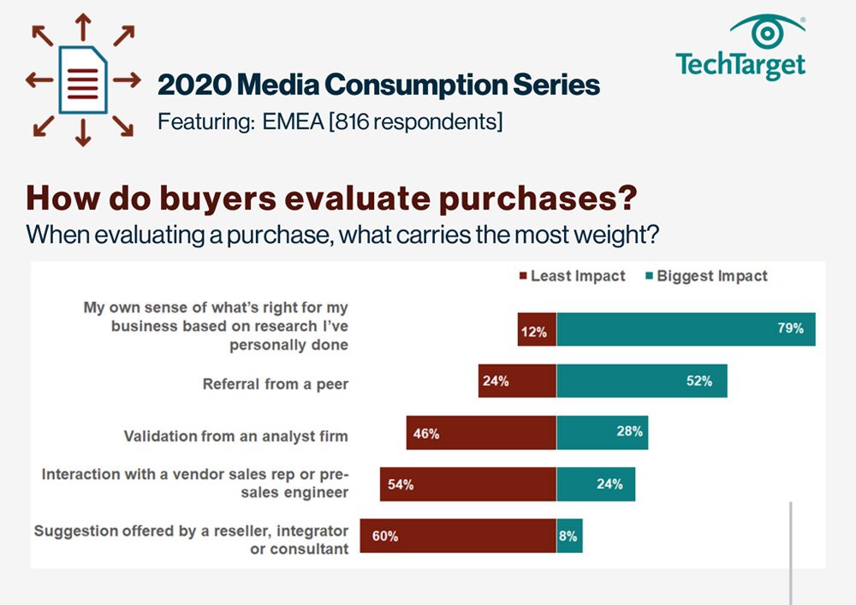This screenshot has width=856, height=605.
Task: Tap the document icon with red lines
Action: click(x=83, y=80)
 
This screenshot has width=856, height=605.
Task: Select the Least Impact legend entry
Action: click(x=571, y=276)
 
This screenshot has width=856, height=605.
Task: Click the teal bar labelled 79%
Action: click(x=686, y=329)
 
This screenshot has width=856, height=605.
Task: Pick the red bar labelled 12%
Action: click(x=537, y=329)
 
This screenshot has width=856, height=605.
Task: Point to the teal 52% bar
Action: click(x=641, y=381)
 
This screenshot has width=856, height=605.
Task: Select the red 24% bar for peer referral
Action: click(x=517, y=381)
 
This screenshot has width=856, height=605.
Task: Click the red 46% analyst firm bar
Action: click(x=481, y=433)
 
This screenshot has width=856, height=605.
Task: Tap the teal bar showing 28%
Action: click(x=602, y=433)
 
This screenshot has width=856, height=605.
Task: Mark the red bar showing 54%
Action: click(x=468, y=484)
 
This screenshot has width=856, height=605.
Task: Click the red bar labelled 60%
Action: click(x=458, y=536)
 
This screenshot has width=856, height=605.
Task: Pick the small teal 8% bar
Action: click(x=569, y=536)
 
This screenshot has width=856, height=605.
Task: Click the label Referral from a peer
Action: click(x=276, y=384)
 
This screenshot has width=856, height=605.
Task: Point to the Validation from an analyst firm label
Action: click(x=236, y=436)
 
